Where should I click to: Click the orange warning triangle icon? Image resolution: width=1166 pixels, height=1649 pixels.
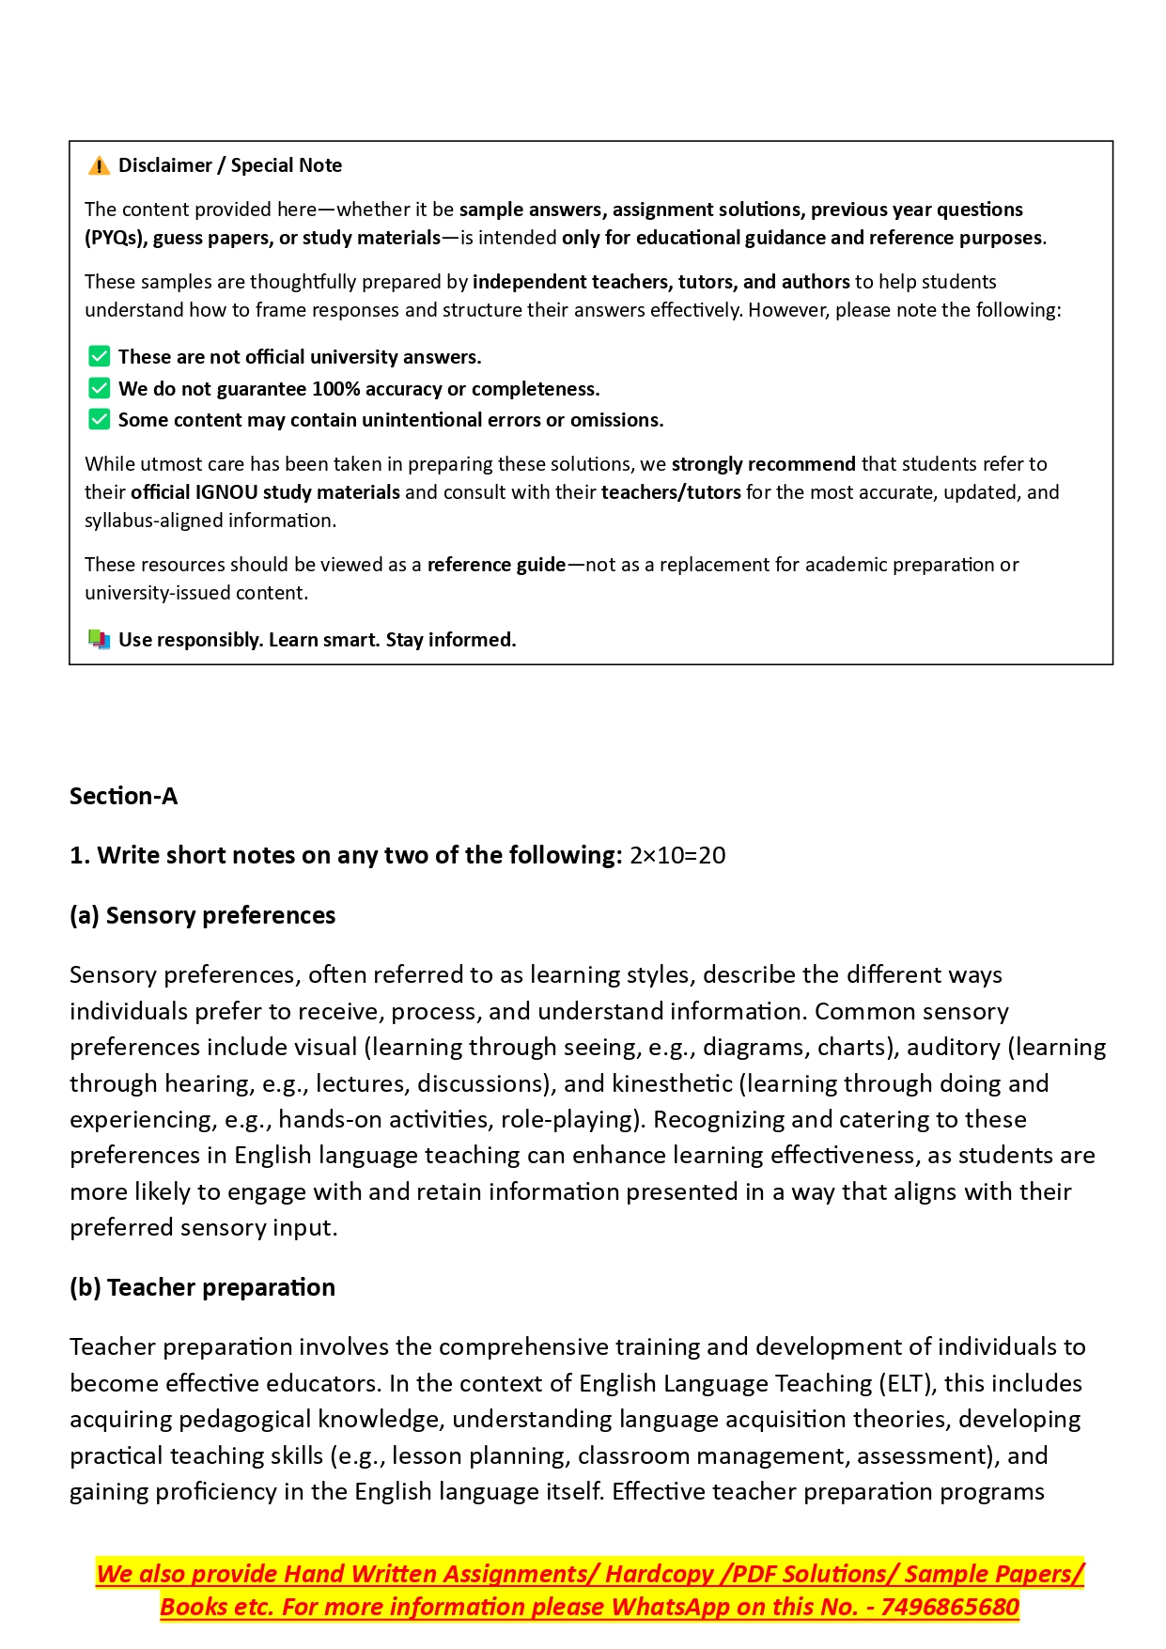click(x=99, y=166)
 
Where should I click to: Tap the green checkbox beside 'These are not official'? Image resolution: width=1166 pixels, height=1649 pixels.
click(x=99, y=357)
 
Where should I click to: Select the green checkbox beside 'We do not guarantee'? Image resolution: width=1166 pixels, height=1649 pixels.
click(x=99, y=388)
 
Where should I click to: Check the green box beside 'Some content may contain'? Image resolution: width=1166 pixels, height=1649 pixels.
click(x=99, y=419)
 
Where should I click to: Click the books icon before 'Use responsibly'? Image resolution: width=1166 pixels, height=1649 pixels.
click(x=99, y=640)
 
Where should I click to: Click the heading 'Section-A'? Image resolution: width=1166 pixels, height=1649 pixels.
click(x=123, y=797)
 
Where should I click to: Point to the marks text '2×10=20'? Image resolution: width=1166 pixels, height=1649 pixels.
click(x=677, y=856)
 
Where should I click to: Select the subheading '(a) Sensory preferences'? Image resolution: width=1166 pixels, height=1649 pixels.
click(x=202, y=916)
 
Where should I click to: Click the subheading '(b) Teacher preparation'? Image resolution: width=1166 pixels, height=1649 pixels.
click(x=202, y=1288)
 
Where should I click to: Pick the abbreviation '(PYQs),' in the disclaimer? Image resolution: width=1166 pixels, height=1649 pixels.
click(x=116, y=238)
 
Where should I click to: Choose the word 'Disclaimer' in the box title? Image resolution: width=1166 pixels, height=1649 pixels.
click(x=165, y=165)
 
